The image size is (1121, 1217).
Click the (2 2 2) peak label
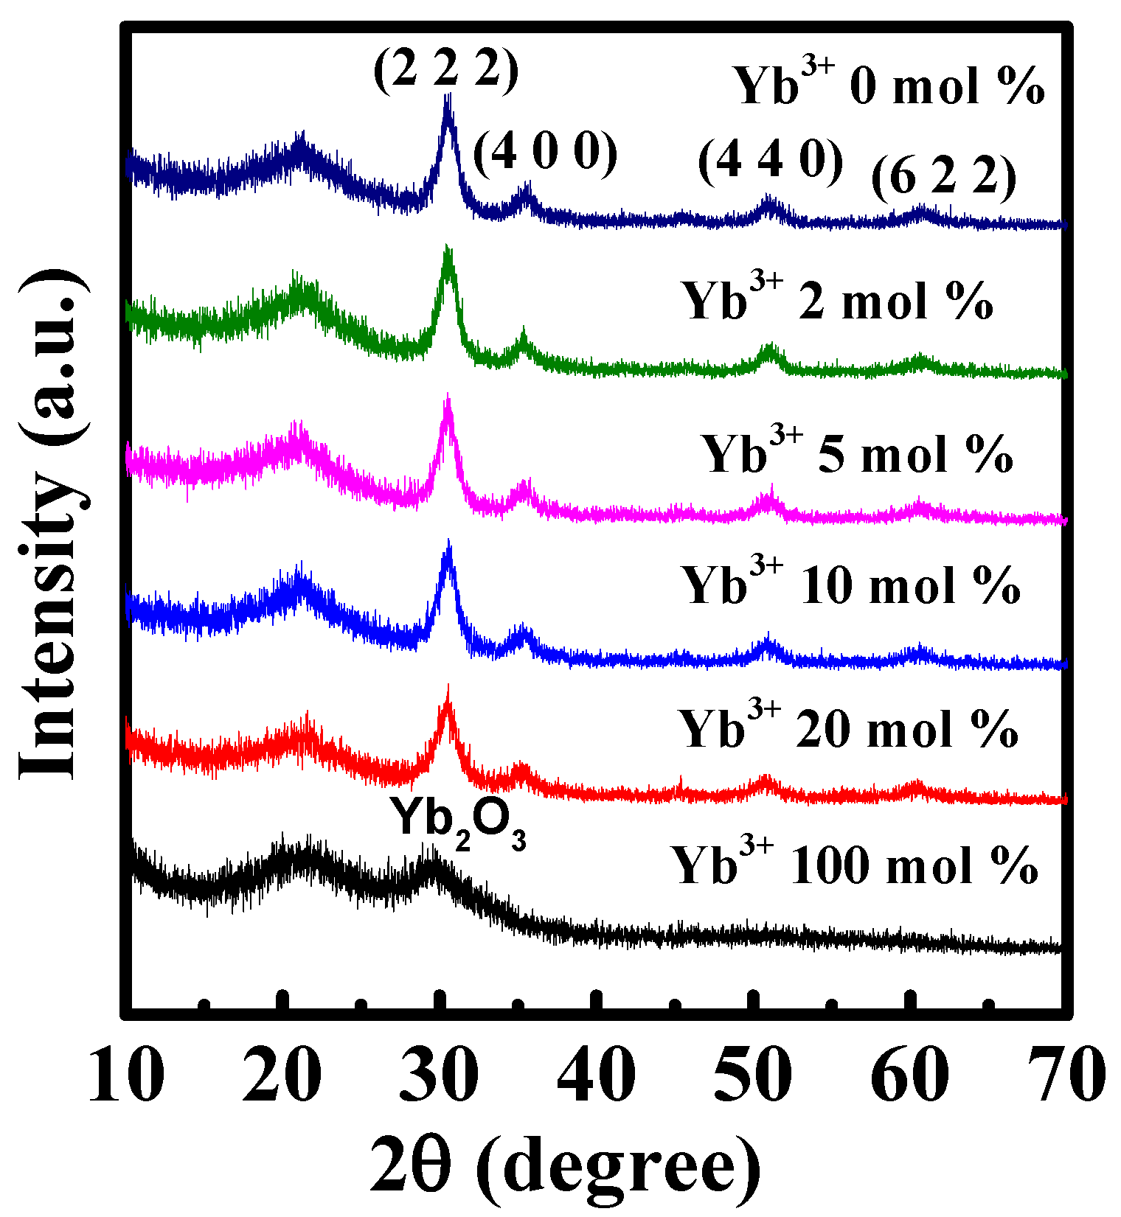coord(446,72)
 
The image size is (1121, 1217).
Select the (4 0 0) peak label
coord(545,154)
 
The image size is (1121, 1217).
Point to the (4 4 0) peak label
coord(771,160)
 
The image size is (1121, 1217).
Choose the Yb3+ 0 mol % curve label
coord(888,84)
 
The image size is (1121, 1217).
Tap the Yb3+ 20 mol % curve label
coord(848,728)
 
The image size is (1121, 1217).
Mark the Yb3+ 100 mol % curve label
coord(855,863)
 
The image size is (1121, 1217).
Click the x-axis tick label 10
coord(125,1076)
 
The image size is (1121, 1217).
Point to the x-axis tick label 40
coord(596,1076)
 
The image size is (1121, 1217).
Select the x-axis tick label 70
coord(1066,1076)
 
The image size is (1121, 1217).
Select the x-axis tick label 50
coord(753,1076)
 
